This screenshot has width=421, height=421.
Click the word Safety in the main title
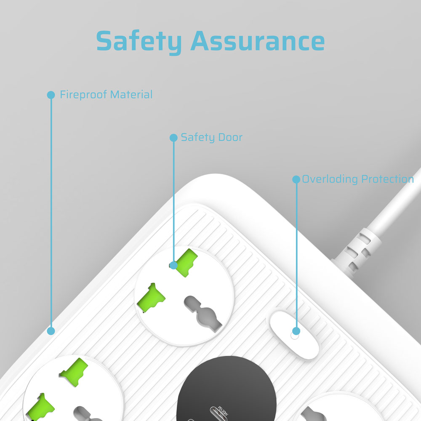pos(139,42)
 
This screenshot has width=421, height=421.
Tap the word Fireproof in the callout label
pos(83,95)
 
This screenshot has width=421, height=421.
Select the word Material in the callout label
pos(131,94)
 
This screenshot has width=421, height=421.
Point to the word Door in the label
pos(230,137)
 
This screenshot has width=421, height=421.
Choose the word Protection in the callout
pos(387,179)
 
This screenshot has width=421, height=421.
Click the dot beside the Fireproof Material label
pos(51,95)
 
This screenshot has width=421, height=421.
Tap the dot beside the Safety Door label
pos(174,138)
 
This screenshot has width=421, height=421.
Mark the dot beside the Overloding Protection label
pos(296,179)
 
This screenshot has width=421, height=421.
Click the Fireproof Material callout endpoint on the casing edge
pos(51,331)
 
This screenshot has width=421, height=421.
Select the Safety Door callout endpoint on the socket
pos(174,265)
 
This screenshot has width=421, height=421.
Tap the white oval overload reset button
pos(295,335)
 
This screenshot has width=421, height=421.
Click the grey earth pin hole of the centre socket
pos(203,314)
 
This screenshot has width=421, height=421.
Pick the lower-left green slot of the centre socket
pos(151,298)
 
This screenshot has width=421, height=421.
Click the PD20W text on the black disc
pos(223,411)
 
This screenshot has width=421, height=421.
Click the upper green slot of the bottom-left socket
pos(74,372)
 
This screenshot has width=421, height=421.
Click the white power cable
pos(396,200)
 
